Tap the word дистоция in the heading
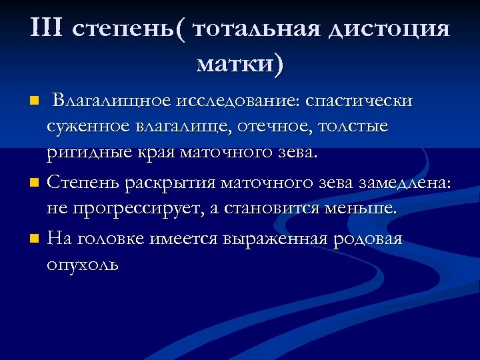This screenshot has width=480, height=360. click(387, 30)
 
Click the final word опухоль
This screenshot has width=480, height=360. click(83, 265)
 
